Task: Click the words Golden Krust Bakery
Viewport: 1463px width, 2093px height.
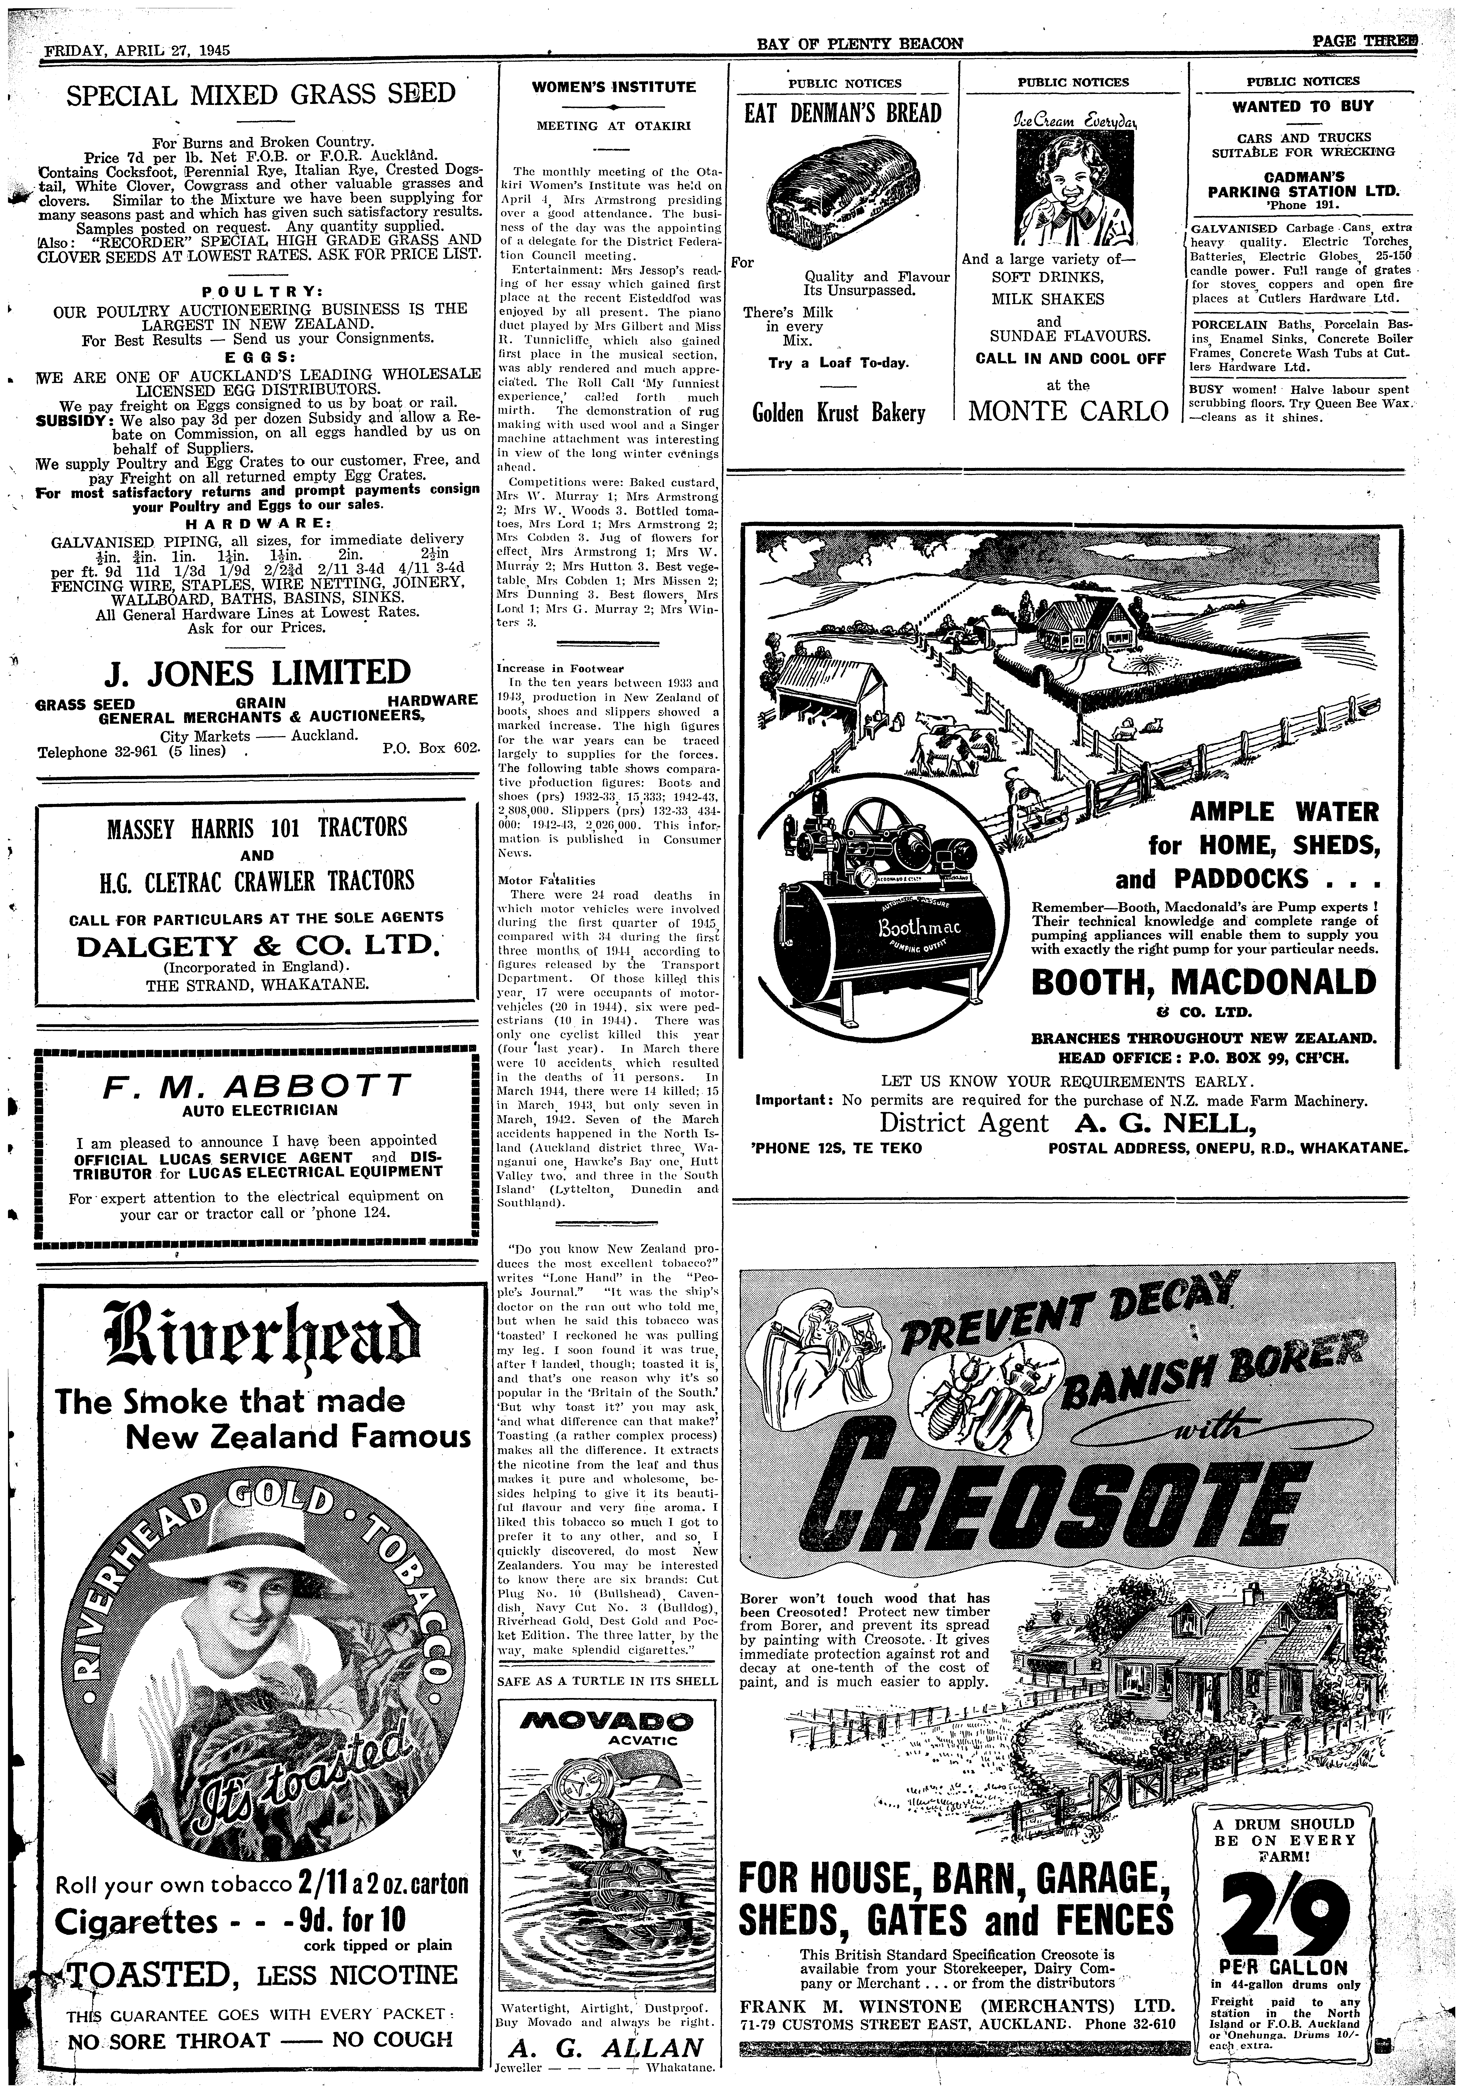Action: (x=839, y=413)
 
